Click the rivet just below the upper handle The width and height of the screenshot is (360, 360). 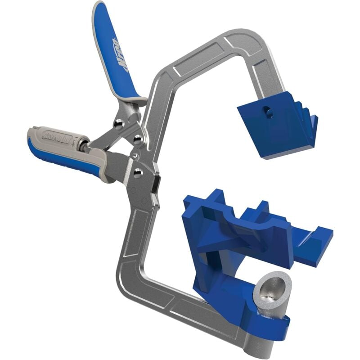pos(117,124)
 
